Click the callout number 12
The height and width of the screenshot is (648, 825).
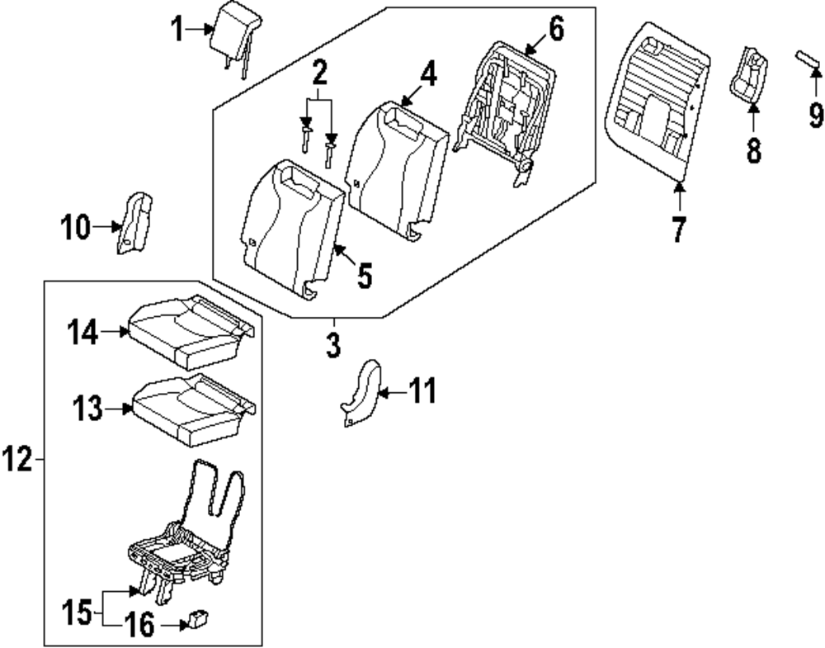coord(16,461)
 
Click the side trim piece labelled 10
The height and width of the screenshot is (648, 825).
coord(134,222)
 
